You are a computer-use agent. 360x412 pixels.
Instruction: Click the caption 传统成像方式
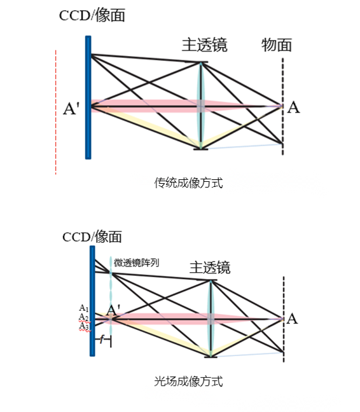(188, 182)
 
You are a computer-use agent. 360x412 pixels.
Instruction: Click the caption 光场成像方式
(188, 381)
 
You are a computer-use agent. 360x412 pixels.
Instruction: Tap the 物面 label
(277, 45)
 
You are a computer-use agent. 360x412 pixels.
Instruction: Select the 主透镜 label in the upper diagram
(204, 45)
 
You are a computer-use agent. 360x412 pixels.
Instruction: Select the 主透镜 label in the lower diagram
(210, 268)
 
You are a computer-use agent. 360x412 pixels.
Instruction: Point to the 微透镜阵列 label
(136, 263)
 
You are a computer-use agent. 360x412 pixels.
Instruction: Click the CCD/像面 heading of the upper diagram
(92, 15)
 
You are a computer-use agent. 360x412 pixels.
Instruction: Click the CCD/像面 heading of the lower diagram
(92, 237)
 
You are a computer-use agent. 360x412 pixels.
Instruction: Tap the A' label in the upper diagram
(71, 108)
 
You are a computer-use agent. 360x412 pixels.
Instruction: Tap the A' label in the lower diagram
(113, 310)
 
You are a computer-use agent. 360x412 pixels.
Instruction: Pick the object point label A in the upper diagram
(293, 107)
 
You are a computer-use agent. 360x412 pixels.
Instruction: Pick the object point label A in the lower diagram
(292, 319)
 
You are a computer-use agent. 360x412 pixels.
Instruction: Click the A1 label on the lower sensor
(84, 308)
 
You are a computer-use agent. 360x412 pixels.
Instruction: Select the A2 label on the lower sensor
(84, 317)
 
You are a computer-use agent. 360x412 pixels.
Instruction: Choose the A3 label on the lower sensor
(84, 326)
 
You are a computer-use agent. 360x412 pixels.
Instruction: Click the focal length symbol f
(102, 340)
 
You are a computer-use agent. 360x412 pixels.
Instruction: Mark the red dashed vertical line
(56, 112)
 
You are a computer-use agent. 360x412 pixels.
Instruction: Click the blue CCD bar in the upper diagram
(88, 97)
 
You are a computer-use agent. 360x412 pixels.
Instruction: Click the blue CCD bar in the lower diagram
(92, 301)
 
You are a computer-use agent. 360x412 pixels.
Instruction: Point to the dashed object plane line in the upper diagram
(283, 106)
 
